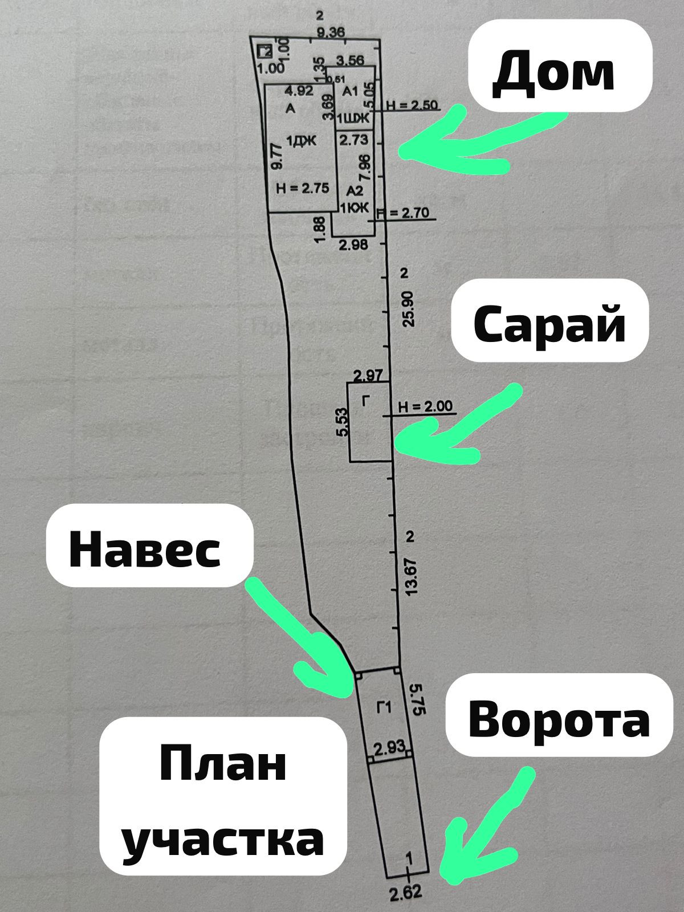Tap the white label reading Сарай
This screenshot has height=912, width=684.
point(549,321)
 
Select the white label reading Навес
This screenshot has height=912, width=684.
point(149,545)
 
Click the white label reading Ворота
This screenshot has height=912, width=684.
point(559,715)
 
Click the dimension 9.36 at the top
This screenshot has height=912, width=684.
point(330,32)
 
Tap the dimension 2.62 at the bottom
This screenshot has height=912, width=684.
point(406,892)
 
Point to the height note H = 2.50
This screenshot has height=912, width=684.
point(412,105)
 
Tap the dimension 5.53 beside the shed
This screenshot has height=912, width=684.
point(342,422)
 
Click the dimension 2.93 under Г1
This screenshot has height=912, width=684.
point(389,747)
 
